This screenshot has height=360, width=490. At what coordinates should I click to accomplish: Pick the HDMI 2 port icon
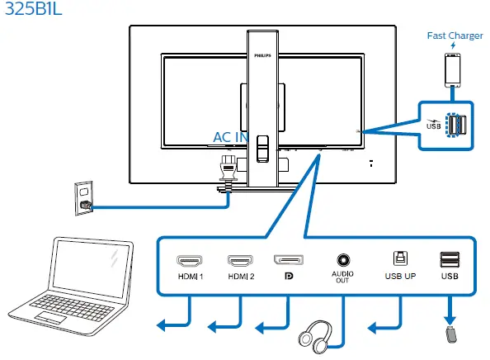(x=240, y=260)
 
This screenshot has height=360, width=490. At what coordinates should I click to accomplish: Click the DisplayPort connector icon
(x=288, y=260)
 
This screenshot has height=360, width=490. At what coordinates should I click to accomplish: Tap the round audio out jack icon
(x=342, y=259)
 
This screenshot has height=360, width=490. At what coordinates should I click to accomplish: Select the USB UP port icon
(x=399, y=259)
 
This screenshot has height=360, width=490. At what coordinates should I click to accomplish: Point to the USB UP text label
(x=399, y=277)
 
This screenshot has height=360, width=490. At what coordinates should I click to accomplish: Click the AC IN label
(x=230, y=137)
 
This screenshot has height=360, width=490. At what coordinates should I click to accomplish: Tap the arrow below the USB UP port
(x=384, y=329)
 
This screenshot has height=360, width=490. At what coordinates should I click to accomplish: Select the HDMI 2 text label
(x=240, y=277)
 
